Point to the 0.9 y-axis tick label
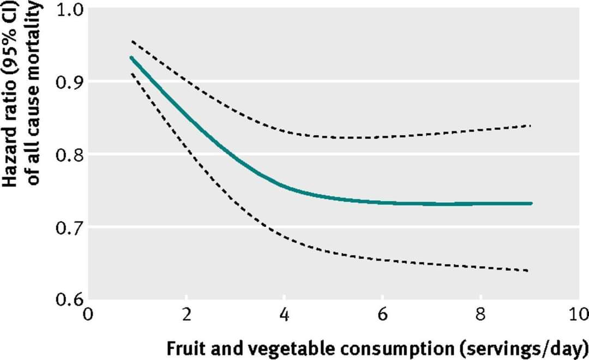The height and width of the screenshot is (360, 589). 70,83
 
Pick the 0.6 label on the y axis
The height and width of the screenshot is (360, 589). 70,299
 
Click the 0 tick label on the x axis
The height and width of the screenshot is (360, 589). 88,315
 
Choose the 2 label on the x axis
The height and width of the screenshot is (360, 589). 187,315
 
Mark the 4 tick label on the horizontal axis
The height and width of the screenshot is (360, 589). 285,315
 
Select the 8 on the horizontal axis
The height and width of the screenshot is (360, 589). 480,315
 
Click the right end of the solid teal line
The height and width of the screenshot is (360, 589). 531,203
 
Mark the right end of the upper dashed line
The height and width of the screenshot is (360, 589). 530,125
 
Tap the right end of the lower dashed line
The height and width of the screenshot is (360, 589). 528,271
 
